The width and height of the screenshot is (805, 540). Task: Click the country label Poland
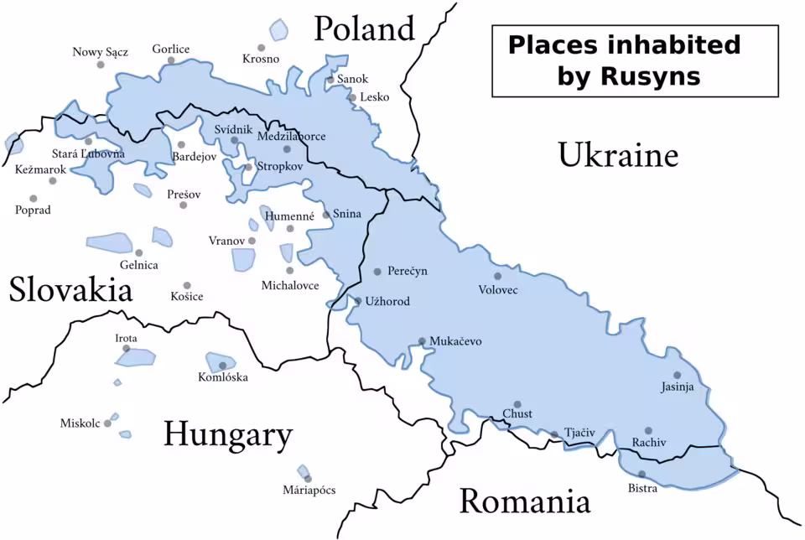click(364, 29)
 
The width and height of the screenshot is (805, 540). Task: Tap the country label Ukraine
click(617, 155)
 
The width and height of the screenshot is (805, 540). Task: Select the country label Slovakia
click(71, 290)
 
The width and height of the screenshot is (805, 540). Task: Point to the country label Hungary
click(227, 435)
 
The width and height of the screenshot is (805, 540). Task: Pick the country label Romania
click(524, 501)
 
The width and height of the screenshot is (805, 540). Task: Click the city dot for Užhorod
click(358, 301)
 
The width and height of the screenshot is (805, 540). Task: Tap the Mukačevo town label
click(455, 341)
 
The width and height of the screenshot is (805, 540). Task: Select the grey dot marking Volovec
click(497, 276)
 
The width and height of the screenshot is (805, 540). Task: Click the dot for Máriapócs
click(308, 479)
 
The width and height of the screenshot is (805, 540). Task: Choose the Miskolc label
click(80, 423)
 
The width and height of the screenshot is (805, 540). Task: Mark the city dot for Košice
click(187, 286)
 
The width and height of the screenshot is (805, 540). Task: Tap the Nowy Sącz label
click(101, 52)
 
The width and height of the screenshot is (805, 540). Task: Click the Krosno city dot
click(261, 48)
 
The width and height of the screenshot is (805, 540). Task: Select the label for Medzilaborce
click(292, 136)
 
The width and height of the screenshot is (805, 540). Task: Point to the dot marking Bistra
click(642, 475)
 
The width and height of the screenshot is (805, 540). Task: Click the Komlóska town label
click(223, 377)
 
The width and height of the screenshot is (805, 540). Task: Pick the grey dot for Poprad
click(34, 199)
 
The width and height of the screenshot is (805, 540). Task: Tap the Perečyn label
click(408, 271)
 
